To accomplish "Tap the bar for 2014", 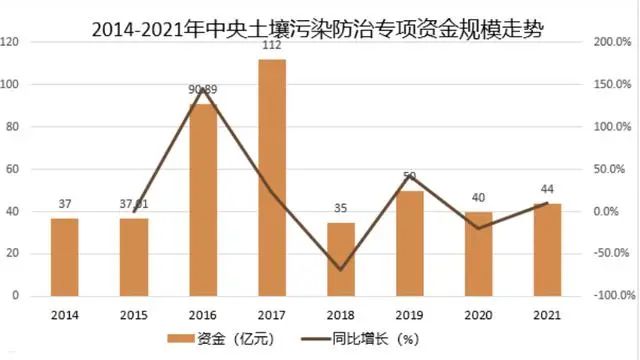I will point(64,257).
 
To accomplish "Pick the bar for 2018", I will point(341,259).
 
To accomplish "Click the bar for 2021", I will point(547,250).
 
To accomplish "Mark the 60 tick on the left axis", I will point(14,170).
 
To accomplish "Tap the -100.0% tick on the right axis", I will point(610,296).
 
